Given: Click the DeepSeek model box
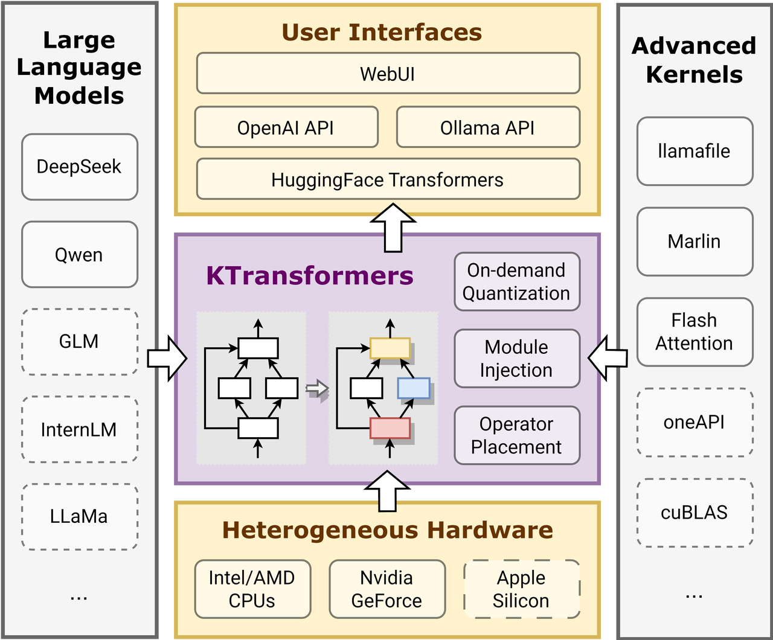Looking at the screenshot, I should tap(79, 167).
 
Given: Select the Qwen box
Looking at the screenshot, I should tap(79, 254).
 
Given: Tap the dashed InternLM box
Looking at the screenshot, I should tap(79, 429).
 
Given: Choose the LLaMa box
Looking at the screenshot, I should tap(79, 516).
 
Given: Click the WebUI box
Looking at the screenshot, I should tap(388, 74).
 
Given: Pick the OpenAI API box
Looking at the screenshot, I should tap(286, 127).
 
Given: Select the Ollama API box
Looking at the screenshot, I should tap(487, 127).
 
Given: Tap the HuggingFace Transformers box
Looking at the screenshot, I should tap(388, 179).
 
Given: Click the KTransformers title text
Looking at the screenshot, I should tap(309, 275).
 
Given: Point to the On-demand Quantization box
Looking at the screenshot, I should tap(516, 281).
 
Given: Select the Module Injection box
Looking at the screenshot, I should tap(516, 358).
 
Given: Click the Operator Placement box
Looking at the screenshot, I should tap(516, 435).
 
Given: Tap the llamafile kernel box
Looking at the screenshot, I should tap(694, 151).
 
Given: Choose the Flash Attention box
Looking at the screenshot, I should tap(694, 331).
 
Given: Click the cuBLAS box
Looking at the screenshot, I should tap(694, 513).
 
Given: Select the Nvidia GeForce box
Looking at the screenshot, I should tap(386, 589).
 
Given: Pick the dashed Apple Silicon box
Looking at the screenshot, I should tap(521, 589).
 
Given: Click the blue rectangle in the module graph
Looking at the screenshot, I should tap(414, 388).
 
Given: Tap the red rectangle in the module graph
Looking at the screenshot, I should tap(390, 428).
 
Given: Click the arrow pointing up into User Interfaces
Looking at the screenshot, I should tap(393, 228).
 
